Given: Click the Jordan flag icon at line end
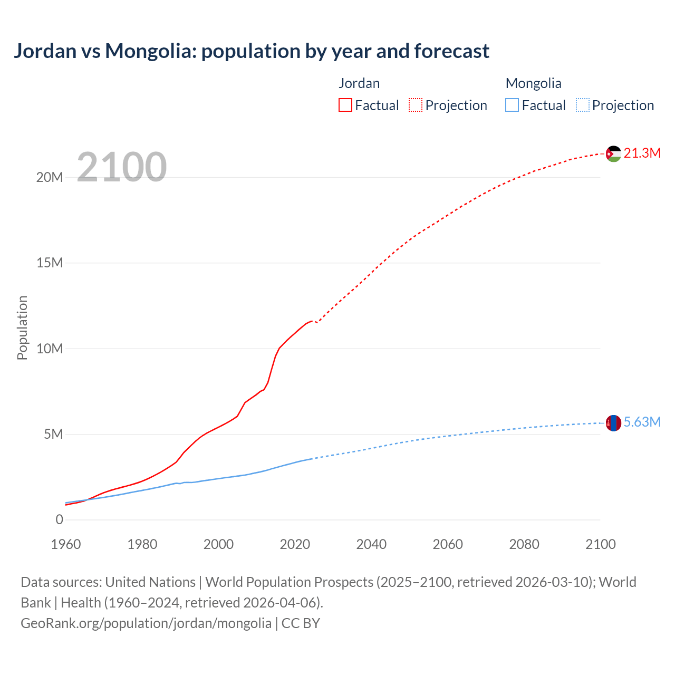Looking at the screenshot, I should (x=613, y=153).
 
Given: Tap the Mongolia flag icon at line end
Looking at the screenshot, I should (x=613, y=422).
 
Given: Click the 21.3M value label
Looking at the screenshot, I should (x=642, y=153).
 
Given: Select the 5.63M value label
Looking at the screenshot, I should (x=642, y=422).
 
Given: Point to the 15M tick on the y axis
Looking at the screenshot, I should (x=50, y=263).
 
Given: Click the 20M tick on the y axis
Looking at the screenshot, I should (x=50, y=177).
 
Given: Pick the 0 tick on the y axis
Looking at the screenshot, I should (x=59, y=519).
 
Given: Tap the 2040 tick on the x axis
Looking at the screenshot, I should (x=371, y=544).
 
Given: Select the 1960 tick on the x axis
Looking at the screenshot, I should (x=66, y=544).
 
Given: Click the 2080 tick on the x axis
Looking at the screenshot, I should (x=524, y=544).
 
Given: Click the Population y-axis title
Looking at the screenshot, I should (x=22, y=327).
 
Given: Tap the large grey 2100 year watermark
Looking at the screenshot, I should (x=122, y=167).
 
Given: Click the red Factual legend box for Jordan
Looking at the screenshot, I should (x=345, y=105).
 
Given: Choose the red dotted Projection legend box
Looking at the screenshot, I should (x=416, y=105).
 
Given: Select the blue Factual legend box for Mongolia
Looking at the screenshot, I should (x=512, y=105).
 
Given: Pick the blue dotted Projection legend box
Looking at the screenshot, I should (x=583, y=105).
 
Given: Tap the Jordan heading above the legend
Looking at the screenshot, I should (x=359, y=83).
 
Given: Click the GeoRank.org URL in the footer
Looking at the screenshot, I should (x=146, y=623).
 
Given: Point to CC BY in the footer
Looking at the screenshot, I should (x=301, y=623).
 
